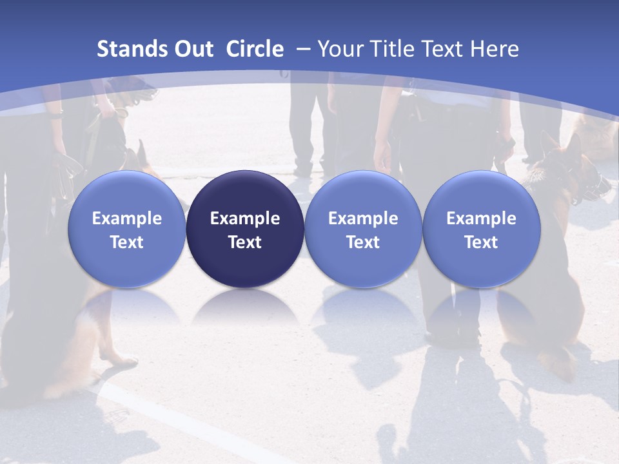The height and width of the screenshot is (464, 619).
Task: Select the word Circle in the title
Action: click(x=255, y=49)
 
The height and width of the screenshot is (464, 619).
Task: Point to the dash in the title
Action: click(x=302, y=50)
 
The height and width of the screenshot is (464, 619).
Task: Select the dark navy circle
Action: click(x=245, y=229)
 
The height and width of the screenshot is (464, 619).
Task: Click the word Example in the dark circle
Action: click(x=245, y=218)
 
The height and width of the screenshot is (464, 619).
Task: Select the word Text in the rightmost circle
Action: click(x=481, y=242)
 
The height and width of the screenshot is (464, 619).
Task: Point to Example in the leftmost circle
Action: click(x=126, y=218)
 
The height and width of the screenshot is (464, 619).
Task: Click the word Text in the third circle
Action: click(x=363, y=242)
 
